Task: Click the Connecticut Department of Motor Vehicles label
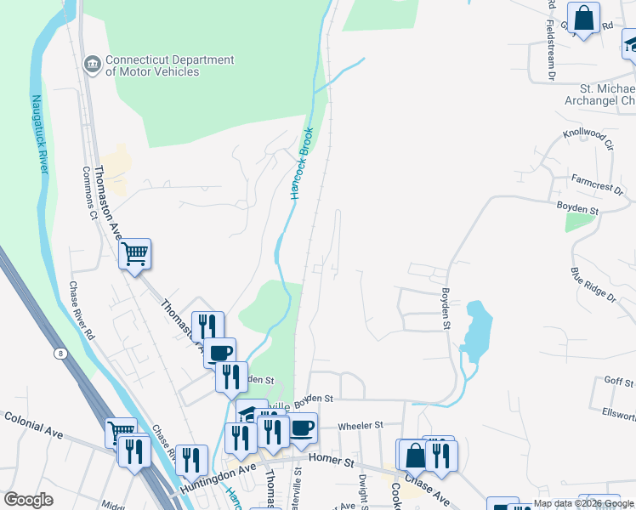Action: pyautogui.click(x=169, y=65)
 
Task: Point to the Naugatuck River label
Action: pyautogui.click(x=39, y=132)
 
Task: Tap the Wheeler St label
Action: pyautogui.click(x=361, y=424)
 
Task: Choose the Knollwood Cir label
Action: pyautogui.click(x=588, y=139)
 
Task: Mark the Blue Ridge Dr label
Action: pyautogui.click(x=593, y=285)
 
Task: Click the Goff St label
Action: pyautogui.click(x=614, y=382)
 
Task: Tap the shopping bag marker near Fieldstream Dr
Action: pyautogui.click(x=584, y=19)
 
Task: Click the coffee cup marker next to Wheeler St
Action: pyautogui.click(x=302, y=428)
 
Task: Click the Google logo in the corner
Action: pyautogui.click(x=29, y=501)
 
